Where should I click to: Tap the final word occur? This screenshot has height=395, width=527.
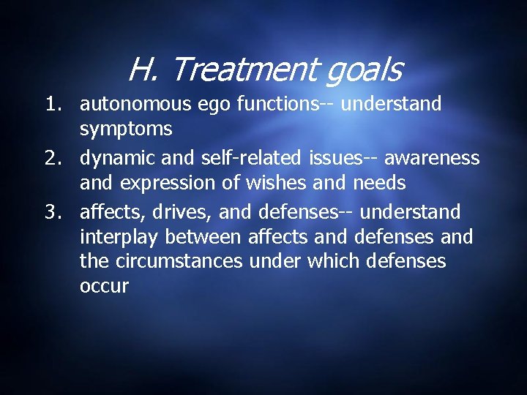tap(103, 287)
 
